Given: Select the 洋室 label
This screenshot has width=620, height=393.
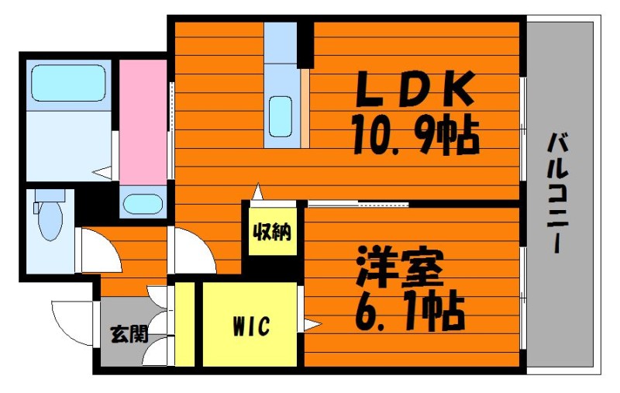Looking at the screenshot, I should click(400, 268).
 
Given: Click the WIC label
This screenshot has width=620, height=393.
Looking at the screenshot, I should click(250, 327).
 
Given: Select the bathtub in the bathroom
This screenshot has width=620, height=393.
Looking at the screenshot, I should click(68, 84).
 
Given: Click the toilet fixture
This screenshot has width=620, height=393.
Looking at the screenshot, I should click(49, 217).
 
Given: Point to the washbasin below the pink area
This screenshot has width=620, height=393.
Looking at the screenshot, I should click(143, 205).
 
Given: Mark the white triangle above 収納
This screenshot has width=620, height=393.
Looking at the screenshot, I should click(259, 191).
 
